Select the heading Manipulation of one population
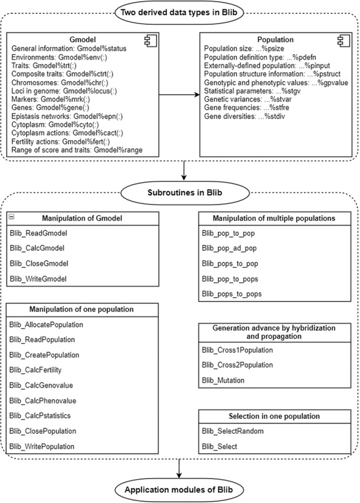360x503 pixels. coord(83,310)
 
